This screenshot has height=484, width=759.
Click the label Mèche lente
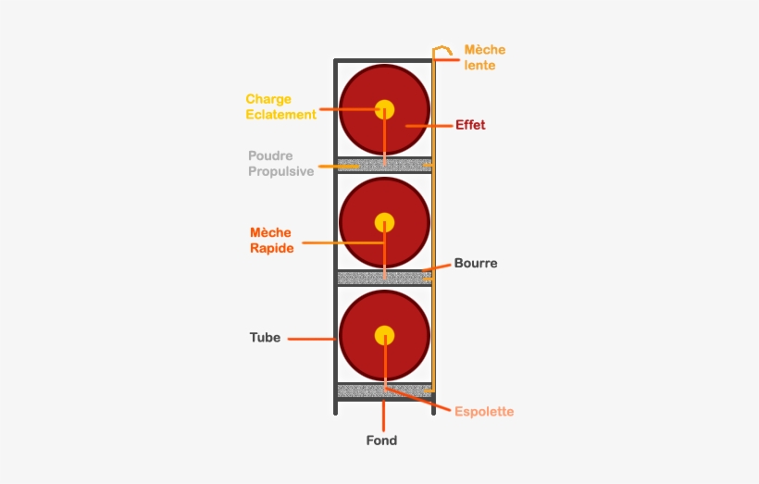point(484,57)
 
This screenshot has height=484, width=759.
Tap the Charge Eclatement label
point(280,106)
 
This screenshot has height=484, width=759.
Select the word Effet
point(470,125)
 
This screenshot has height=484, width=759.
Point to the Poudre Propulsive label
point(280,164)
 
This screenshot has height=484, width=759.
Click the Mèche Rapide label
point(271,240)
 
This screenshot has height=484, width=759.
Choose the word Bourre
point(476,264)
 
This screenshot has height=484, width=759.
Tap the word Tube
point(265,338)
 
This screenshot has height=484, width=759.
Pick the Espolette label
point(484,412)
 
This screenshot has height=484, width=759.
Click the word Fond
point(381,441)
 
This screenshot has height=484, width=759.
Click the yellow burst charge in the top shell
point(384,109)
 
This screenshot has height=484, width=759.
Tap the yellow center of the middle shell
point(384,223)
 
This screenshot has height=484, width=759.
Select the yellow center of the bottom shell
point(384,336)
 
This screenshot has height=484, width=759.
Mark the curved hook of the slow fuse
point(442,48)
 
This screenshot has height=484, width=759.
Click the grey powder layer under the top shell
point(384,165)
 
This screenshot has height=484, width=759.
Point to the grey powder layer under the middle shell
point(384,278)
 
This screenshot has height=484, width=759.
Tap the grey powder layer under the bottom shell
point(384,391)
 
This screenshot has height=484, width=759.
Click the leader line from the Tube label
point(312,339)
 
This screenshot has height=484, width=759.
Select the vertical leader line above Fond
point(383,416)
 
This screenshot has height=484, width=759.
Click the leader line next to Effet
point(429,126)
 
